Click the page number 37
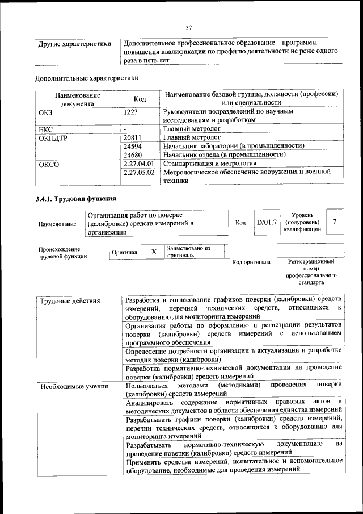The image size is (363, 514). (189, 28)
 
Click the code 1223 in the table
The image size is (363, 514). (131, 112)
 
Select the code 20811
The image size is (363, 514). (132, 137)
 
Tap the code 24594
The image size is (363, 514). (132, 146)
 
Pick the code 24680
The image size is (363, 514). (132, 154)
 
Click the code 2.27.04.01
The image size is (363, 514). (138, 164)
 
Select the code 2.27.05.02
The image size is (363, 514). (138, 172)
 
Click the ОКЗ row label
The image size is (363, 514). (45, 112)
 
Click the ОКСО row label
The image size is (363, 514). (48, 164)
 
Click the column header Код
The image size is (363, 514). (140, 99)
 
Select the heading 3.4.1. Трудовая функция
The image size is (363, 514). (76, 199)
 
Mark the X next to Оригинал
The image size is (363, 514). (153, 252)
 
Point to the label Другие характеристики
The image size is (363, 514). (74, 44)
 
